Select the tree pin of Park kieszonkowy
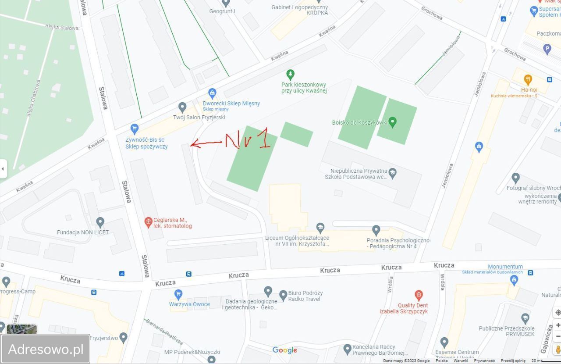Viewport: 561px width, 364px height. pos(290,74)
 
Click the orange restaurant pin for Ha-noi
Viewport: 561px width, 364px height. pos(528,80)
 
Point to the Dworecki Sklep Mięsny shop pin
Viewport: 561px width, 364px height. pos(213,93)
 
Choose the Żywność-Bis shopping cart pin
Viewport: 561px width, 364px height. pos(135,128)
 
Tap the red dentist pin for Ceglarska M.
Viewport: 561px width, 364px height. pos(149,221)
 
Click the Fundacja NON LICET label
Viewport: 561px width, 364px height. pos(83,232)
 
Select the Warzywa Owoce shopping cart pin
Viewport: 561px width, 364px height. pos(178,293)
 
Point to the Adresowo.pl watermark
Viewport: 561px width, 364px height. pos(46,349)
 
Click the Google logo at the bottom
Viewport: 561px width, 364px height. pos(284,350)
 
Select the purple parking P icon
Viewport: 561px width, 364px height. pos(547,49)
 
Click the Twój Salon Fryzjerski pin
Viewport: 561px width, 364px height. pos(182,107)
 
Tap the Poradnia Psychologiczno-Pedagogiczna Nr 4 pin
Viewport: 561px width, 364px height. pos(376,230)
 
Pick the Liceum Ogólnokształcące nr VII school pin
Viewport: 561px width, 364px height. pos(320,227)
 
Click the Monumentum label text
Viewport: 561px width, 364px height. pos(505,267)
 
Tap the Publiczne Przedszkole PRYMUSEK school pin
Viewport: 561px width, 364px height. pos(525,318)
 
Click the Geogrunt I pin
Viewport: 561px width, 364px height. pos(226,4)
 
